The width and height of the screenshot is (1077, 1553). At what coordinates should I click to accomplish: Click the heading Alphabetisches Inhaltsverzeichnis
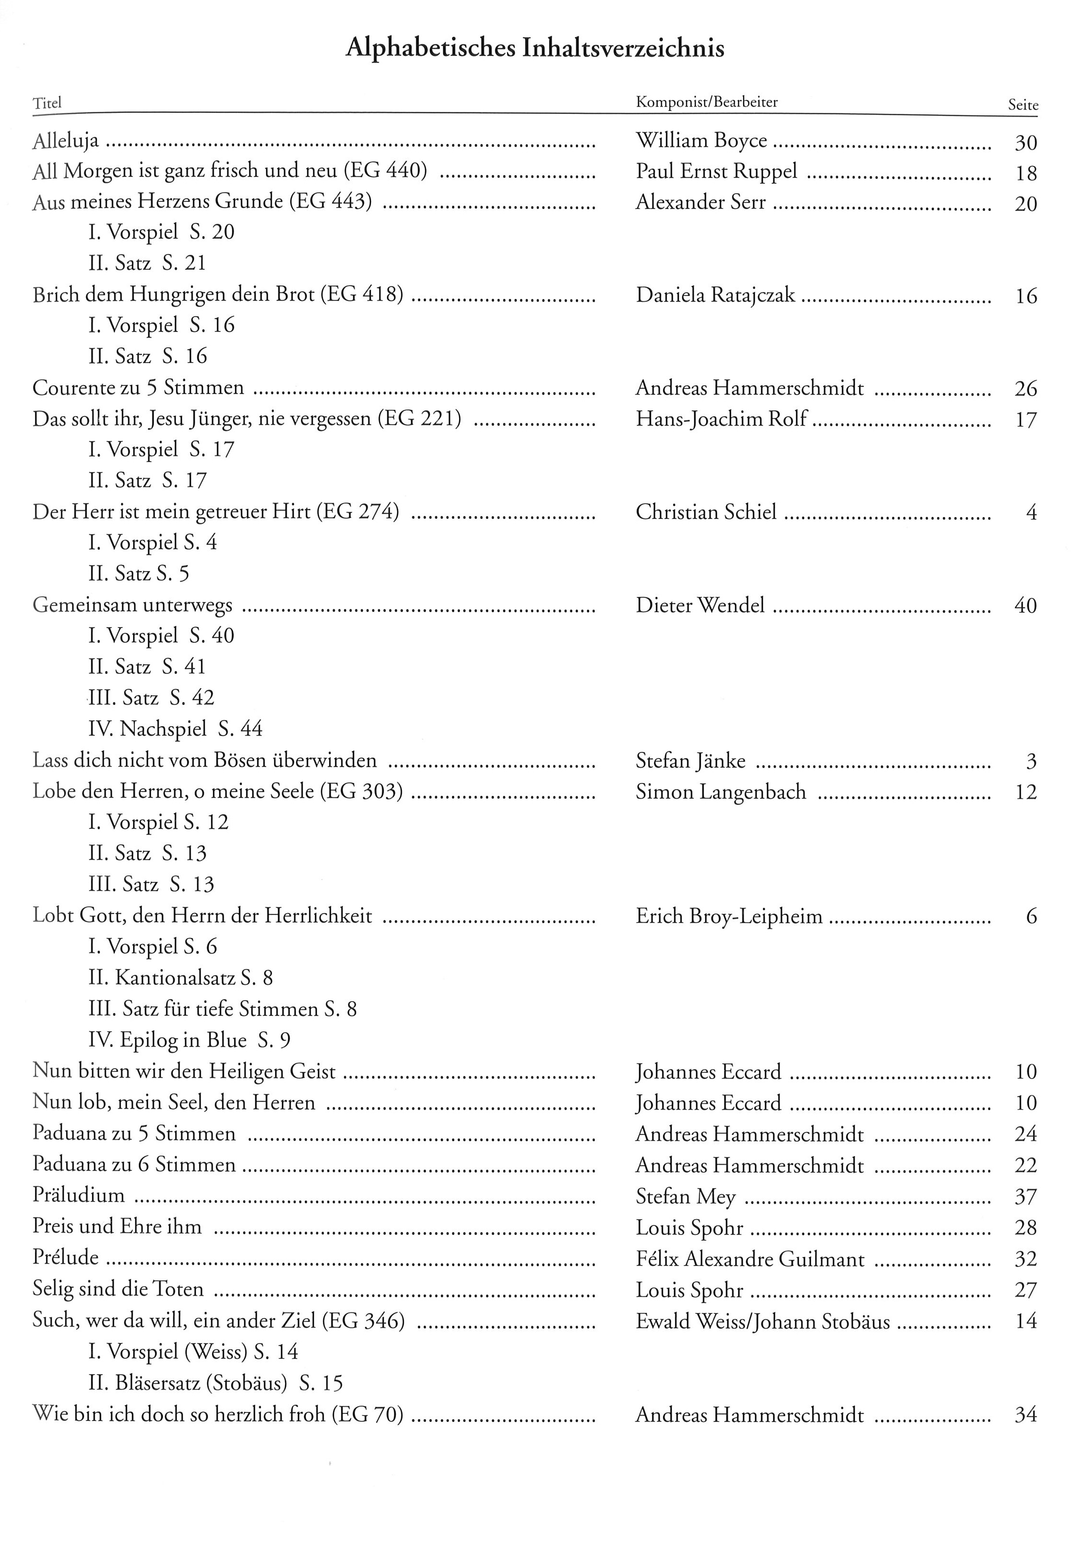pyautogui.click(x=535, y=48)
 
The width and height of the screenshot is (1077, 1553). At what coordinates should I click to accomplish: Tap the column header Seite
pyautogui.click(x=1022, y=105)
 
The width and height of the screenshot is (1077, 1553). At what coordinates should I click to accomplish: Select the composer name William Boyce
pyautogui.click(x=701, y=141)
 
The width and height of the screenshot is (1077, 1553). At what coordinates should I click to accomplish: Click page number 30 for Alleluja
pyautogui.click(x=1025, y=143)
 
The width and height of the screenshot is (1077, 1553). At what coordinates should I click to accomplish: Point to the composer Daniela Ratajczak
pyautogui.click(x=715, y=295)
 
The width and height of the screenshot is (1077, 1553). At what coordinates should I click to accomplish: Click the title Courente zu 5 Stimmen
pyautogui.click(x=138, y=388)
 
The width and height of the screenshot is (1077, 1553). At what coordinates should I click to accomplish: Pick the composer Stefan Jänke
pyautogui.click(x=690, y=760)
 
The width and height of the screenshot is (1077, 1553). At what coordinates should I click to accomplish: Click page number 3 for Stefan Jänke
pyautogui.click(x=1031, y=761)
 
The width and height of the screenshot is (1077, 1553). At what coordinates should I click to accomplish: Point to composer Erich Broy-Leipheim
pyautogui.click(x=729, y=916)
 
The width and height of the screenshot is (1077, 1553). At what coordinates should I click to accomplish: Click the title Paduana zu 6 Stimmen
pyautogui.click(x=134, y=1165)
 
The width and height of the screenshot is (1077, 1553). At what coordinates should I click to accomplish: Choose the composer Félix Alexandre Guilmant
pyautogui.click(x=750, y=1259)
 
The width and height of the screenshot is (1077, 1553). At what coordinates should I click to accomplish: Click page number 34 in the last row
pyautogui.click(x=1025, y=1415)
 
